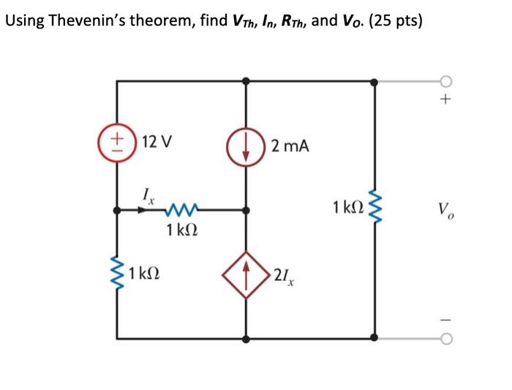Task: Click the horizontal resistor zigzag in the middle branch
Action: (180, 211)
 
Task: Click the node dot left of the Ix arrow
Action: (117, 210)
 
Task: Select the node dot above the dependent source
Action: (246, 210)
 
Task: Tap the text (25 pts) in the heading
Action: (396, 20)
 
